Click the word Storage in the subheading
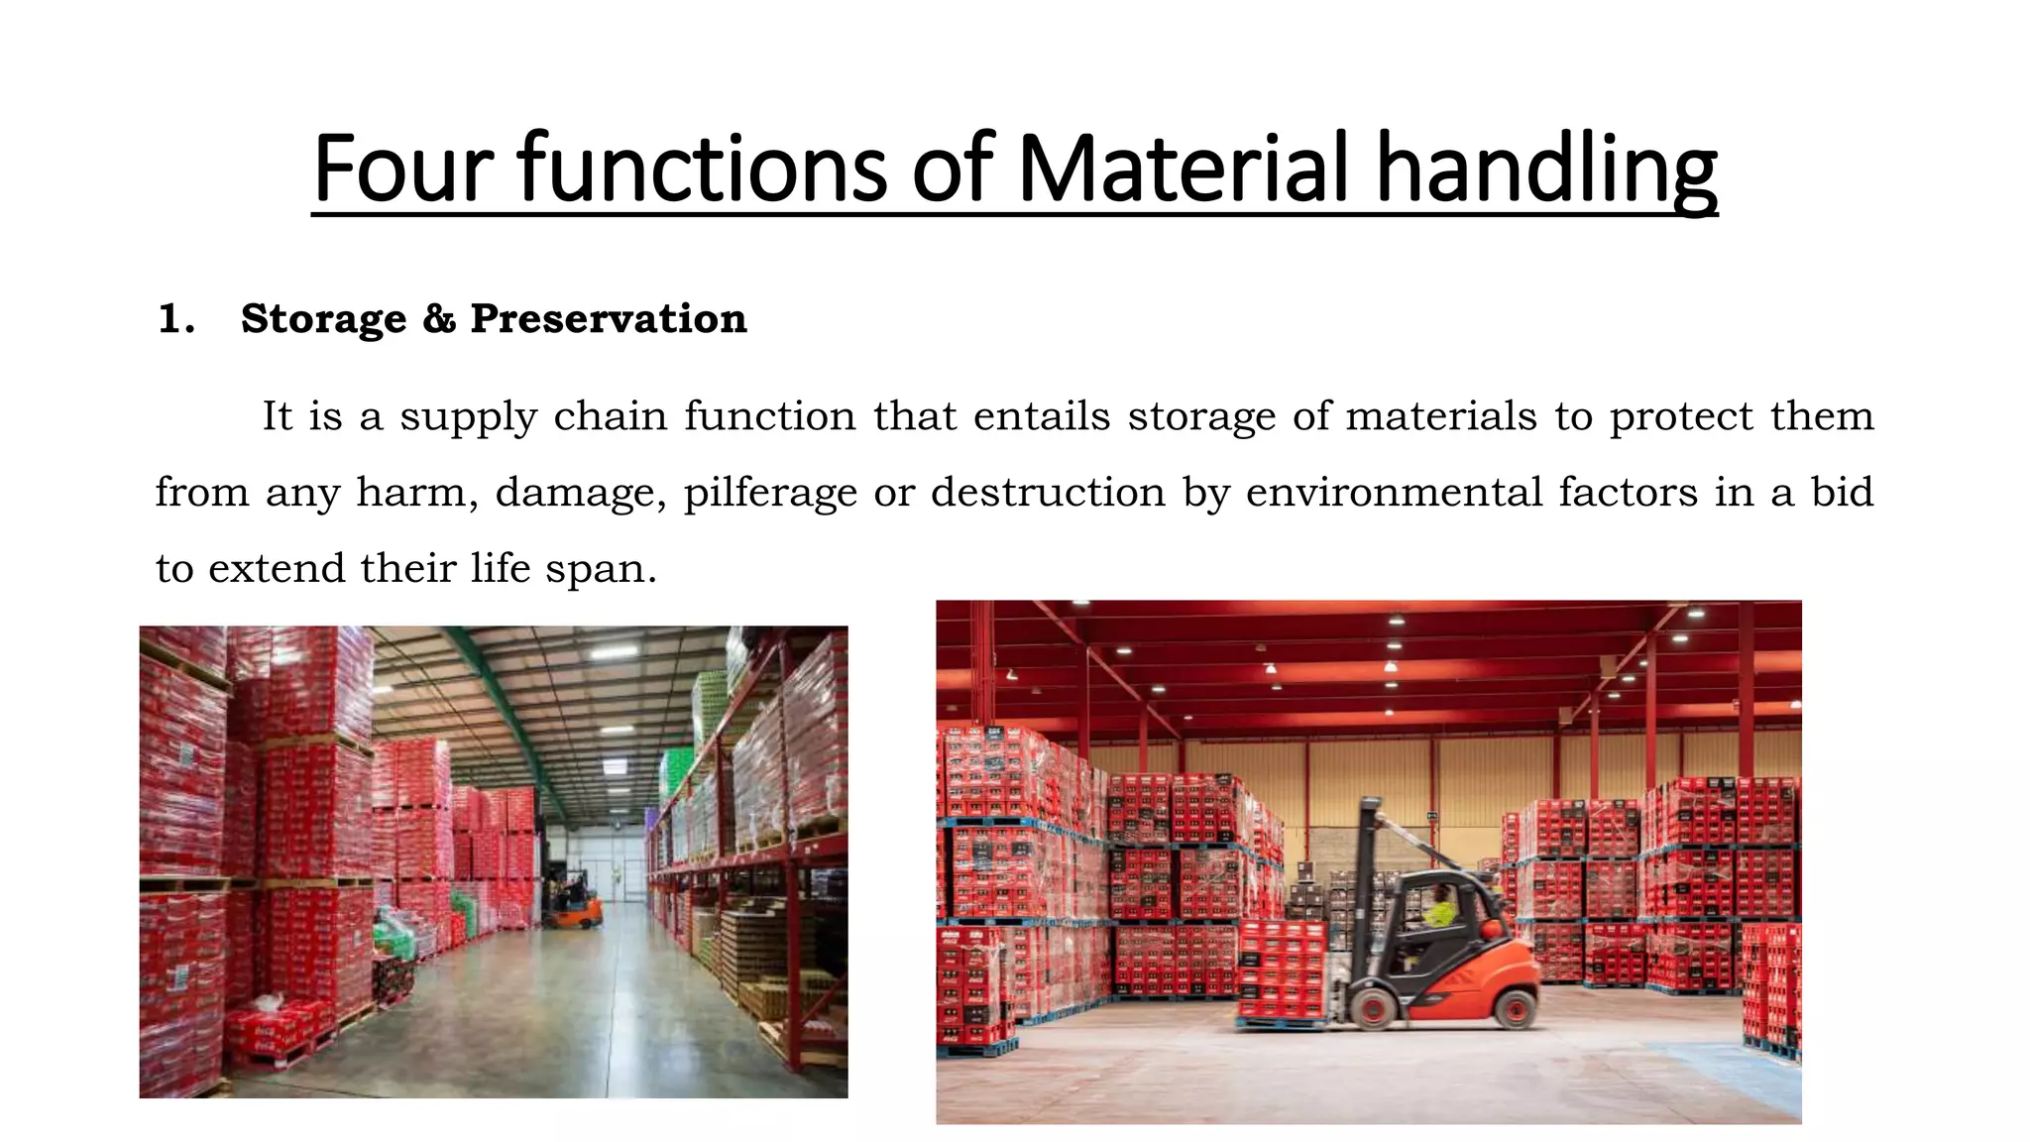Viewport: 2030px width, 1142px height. (323, 318)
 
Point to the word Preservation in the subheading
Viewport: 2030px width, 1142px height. (608, 318)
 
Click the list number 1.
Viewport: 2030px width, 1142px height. (174, 319)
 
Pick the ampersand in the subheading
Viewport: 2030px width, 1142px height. (438, 318)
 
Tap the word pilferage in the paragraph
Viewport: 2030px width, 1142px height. (769, 493)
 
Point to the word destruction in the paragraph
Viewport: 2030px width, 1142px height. (1048, 492)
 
